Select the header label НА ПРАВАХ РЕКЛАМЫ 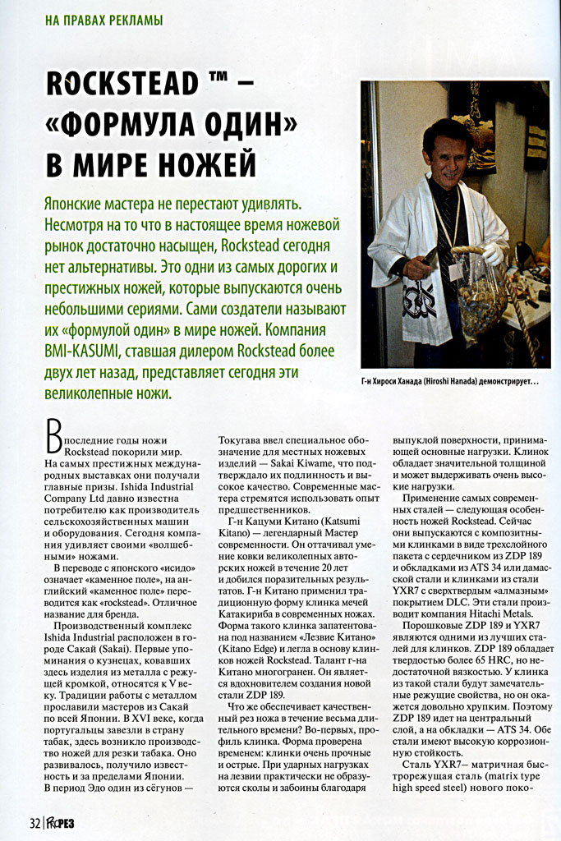[103, 19]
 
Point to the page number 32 [34, 823]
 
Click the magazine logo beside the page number [62, 823]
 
